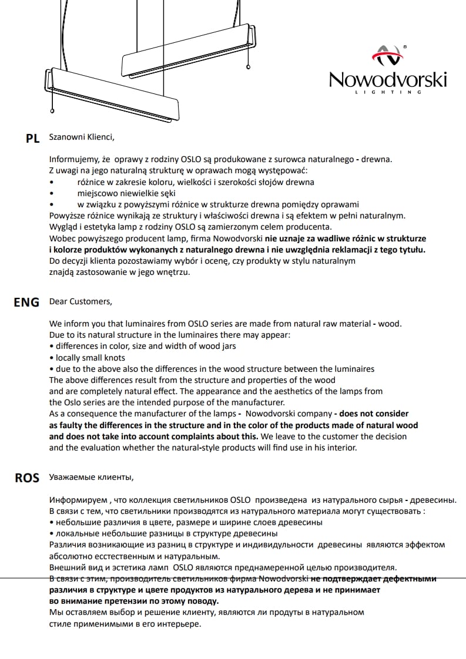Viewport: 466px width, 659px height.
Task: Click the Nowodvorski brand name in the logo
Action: (x=387, y=79)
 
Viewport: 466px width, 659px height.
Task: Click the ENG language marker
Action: (x=26, y=302)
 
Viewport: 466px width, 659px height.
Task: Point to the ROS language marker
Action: (x=26, y=478)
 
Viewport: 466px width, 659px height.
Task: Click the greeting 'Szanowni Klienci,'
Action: (x=82, y=137)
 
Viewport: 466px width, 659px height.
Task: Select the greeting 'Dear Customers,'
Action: (x=80, y=301)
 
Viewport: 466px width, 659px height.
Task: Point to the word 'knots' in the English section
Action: (x=114, y=357)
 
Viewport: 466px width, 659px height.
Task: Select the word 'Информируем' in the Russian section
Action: (x=77, y=500)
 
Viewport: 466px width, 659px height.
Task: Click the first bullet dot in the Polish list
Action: (x=52, y=182)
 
